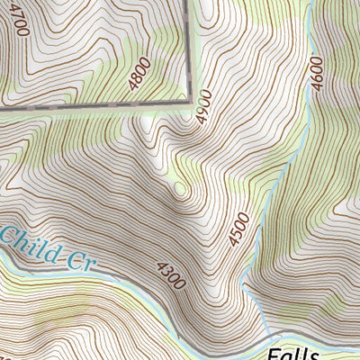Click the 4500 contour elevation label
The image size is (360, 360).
236,228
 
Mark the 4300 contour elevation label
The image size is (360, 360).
171,274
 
